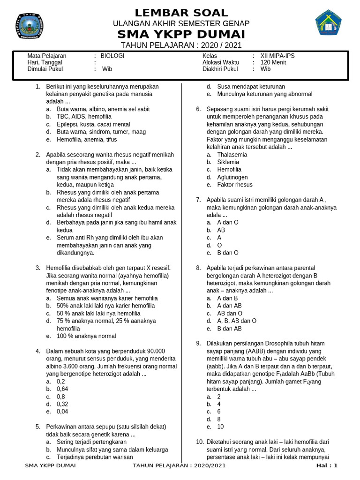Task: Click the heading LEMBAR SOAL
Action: pos(181,13)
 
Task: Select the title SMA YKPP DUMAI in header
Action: pos(181,35)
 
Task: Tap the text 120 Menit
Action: pos(272,62)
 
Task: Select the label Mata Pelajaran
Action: pos(47,56)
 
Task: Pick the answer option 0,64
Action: pos(62,389)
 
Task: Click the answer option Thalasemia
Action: pos(232,155)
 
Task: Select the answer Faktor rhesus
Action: pos(235,185)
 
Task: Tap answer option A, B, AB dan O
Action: pos(237,321)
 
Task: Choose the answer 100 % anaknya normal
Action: pos(86,336)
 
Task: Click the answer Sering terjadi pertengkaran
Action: pos(91,442)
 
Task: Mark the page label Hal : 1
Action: pos(327,465)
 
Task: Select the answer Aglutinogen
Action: pos(232,177)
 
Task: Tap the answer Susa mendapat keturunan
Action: pos(251,87)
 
